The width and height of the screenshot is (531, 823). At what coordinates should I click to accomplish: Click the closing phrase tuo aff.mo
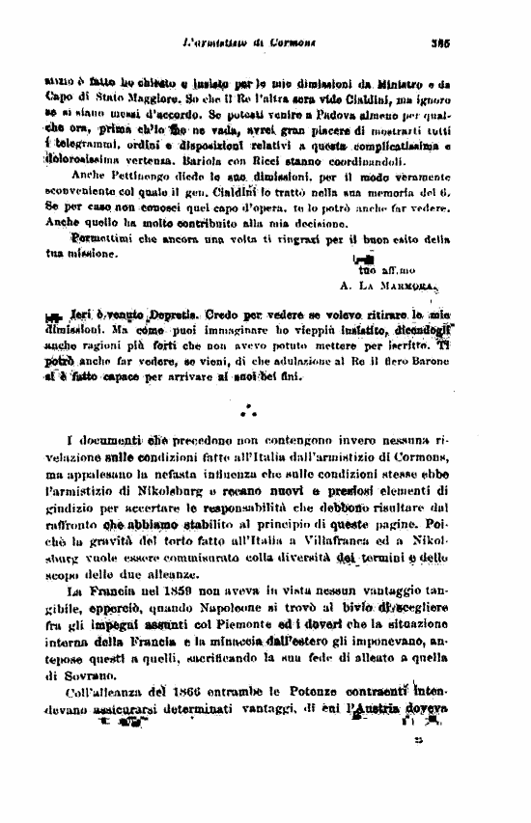click(377, 271)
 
